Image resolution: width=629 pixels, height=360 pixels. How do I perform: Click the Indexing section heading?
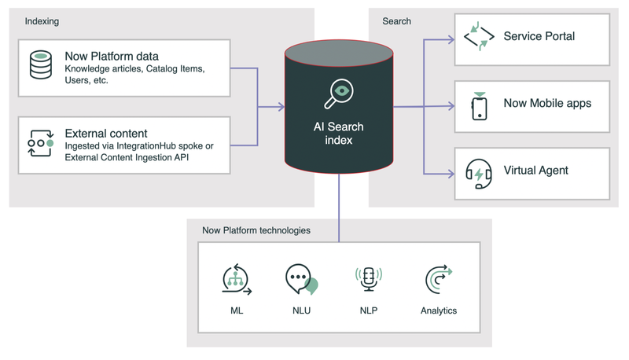(x=42, y=21)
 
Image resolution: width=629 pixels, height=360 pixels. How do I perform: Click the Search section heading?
(x=396, y=21)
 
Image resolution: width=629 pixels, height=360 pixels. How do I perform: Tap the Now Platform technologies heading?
(x=256, y=230)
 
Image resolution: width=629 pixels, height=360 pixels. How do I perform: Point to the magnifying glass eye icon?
(x=338, y=94)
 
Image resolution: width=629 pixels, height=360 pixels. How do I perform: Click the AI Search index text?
(x=338, y=133)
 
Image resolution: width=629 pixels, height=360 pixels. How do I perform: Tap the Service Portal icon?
(x=479, y=37)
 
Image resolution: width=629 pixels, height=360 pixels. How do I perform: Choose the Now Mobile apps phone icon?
(x=479, y=105)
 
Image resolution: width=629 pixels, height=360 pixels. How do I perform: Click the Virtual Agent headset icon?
(x=479, y=172)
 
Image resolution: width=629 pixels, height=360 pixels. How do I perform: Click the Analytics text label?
(x=439, y=310)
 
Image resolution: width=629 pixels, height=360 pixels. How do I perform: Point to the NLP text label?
(x=368, y=310)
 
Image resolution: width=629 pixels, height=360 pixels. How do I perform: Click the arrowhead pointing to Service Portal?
(x=449, y=37)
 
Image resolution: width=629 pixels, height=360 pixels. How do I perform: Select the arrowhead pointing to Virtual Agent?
(x=449, y=172)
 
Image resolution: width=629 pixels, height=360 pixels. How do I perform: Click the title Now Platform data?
(x=111, y=57)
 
